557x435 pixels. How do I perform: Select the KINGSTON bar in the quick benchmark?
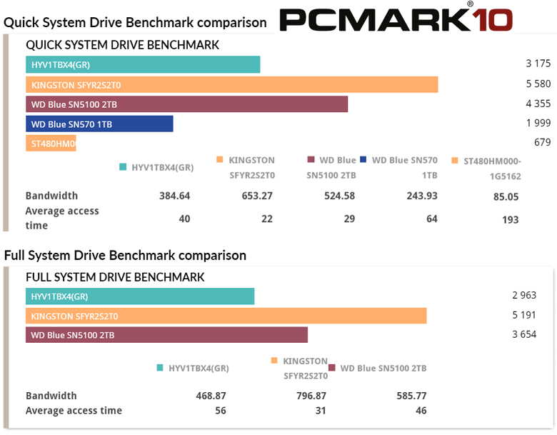coord(231,84)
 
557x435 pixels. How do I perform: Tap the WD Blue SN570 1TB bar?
coord(99,124)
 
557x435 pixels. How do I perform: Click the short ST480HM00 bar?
coord(51,144)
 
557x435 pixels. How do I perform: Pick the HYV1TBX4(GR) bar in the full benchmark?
coord(140,296)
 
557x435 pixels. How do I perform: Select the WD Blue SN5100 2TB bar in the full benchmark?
coord(166,335)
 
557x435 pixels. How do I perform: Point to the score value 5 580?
coord(538,84)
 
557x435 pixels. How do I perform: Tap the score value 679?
coord(542,143)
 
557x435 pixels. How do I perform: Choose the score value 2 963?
coord(523,296)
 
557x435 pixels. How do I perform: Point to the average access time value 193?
coord(510,219)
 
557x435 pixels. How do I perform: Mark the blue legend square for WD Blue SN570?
coord(363,160)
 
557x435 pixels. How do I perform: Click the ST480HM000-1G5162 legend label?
coord(492,167)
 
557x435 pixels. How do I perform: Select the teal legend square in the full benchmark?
coord(160,369)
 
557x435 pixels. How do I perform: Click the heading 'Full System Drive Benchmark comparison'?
coord(125,255)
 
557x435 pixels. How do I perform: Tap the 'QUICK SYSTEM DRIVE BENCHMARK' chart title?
coord(122,44)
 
